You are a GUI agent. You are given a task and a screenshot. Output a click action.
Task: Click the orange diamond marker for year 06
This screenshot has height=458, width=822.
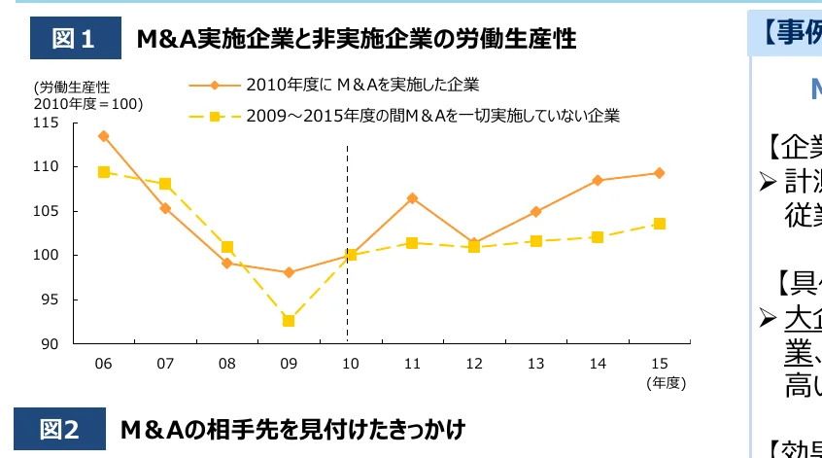[x=103, y=136]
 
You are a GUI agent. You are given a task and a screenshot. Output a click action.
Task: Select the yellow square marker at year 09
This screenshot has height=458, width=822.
[x=289, y=321]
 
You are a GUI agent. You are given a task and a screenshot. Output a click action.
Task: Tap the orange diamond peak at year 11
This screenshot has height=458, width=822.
[x=412, y=198]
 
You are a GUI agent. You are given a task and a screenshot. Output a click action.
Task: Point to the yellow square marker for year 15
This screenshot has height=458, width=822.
[x=660, y=224]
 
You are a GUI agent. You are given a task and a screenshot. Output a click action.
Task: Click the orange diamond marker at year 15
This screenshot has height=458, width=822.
[x=660, y=173]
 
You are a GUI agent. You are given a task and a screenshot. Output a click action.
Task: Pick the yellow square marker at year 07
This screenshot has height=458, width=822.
[x=165, y=184]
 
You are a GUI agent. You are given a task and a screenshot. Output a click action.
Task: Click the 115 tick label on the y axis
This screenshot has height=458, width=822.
[x=46, y=123]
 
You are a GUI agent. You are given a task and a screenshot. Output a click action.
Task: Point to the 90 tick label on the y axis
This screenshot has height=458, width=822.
[x=50, y=344]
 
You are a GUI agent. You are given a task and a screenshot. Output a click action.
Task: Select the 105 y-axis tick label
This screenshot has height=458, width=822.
[x=46, y=211]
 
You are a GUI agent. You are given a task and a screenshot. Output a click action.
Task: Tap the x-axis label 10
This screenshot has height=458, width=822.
[x=350, y=363]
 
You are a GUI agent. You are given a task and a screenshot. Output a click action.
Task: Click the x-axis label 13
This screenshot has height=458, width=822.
[x=535, y=363]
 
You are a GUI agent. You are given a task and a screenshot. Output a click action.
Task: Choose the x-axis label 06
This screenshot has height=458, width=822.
[x=103, y=363]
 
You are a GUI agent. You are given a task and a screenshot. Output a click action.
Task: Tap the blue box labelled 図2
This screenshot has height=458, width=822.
[x=59, y=429]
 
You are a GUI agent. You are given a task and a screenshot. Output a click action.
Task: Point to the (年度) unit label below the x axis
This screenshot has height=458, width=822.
[x=667, y=382]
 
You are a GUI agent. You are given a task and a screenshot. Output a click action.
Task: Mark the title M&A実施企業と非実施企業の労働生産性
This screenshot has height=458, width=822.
[x=356, y=39]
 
